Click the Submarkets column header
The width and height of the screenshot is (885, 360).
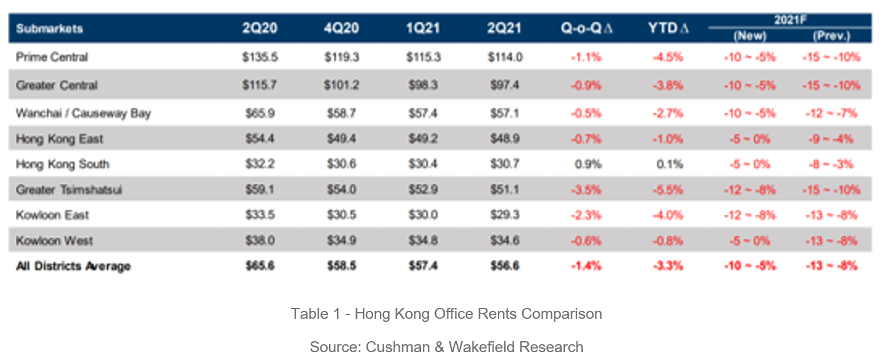tap(49, 29)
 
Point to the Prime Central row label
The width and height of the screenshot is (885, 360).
tap(52, 58)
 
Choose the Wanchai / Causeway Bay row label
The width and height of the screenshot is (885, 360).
tap(83, 113)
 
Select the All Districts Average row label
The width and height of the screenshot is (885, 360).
tap(73, 266)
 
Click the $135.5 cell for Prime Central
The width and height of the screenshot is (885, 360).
tap(259, 58)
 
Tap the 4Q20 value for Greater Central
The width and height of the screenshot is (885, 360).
tap(341, 85)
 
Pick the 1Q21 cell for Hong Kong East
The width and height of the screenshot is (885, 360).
tap(422, 139)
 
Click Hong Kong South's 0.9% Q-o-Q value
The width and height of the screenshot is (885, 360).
tap(586, 164)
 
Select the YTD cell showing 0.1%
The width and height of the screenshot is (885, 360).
tap(668, 164)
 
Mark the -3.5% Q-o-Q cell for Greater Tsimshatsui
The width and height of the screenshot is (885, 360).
tap(586, 190)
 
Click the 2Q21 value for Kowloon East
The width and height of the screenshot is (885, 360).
tap(505, 215)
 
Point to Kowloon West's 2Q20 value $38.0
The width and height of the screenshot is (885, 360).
tap(259, 241)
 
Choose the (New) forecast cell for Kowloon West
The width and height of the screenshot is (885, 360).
tap(749, 241)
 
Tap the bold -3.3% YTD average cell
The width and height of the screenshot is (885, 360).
tap(668, 266)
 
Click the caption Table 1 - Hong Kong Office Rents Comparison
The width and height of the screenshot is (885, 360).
tap(446, 314)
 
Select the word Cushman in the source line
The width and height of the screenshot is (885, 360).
tap(395, 347)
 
